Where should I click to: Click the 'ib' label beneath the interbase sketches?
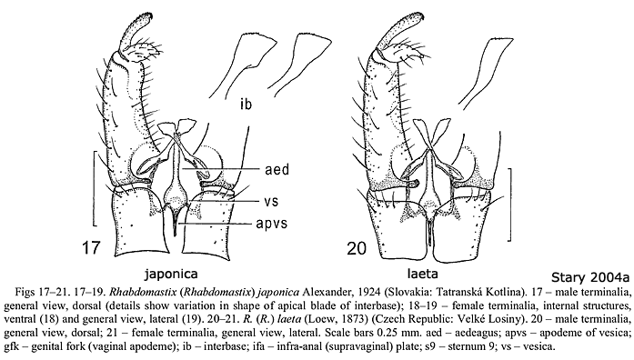point(247,101)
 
